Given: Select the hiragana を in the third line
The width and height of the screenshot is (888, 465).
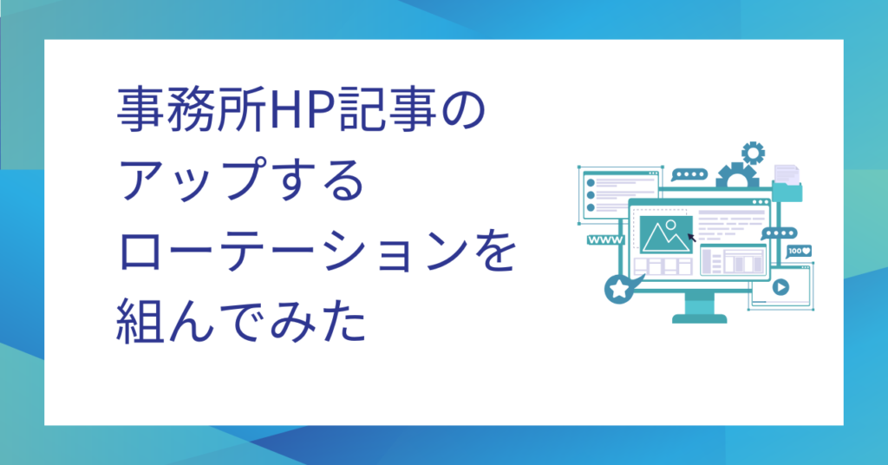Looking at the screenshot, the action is (x=495, y=251).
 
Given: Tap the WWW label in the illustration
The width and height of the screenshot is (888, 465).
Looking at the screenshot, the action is (x=605, y=240).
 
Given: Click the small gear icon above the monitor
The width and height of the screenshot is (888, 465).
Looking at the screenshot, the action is (x=754, y=153).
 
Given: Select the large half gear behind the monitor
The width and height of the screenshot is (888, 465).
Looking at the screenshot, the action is (x=737, y=175).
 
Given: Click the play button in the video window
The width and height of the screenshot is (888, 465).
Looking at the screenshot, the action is (x=780, y=287).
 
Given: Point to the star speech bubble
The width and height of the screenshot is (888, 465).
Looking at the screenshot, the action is (x=621, y=288).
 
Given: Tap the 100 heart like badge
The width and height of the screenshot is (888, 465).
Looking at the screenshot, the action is (x=799, y=251).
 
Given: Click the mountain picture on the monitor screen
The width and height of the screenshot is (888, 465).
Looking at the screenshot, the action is (x=665, y=234).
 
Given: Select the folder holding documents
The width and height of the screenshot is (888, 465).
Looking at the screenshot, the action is (x=787, y=184).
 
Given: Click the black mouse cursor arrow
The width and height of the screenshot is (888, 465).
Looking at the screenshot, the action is (x=691, y=238).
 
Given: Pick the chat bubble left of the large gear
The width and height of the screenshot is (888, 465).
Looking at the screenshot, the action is (x=689, y=175).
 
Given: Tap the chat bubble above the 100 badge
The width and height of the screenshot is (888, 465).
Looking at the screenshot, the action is (x=780, y=233).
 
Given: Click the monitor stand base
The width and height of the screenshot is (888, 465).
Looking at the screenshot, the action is (x=700, y=319).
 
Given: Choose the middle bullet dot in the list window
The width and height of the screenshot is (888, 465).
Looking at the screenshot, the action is (x=591, y=195).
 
